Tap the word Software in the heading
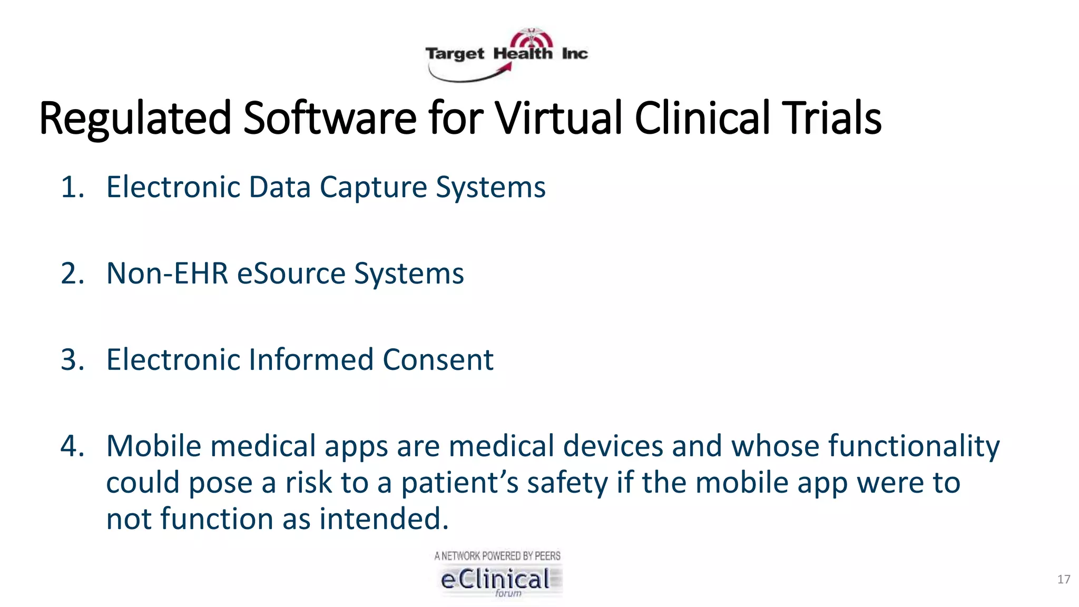[330, 118]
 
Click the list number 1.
[72, 188]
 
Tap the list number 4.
[72, 446]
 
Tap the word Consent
[438, 360]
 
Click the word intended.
[384, 519]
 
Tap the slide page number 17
[1063, 580]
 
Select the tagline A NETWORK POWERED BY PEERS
[497, 556]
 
